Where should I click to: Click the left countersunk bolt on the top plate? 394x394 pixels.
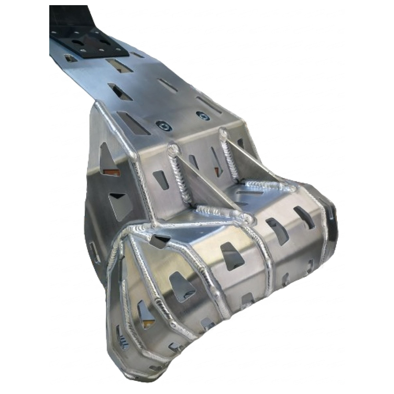(x=163, y=126)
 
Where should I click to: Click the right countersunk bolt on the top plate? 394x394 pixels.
(x=203, y=115)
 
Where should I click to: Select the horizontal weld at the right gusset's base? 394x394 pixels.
(x=271, y=185)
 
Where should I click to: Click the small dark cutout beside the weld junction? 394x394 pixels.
(x=162, y=241)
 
